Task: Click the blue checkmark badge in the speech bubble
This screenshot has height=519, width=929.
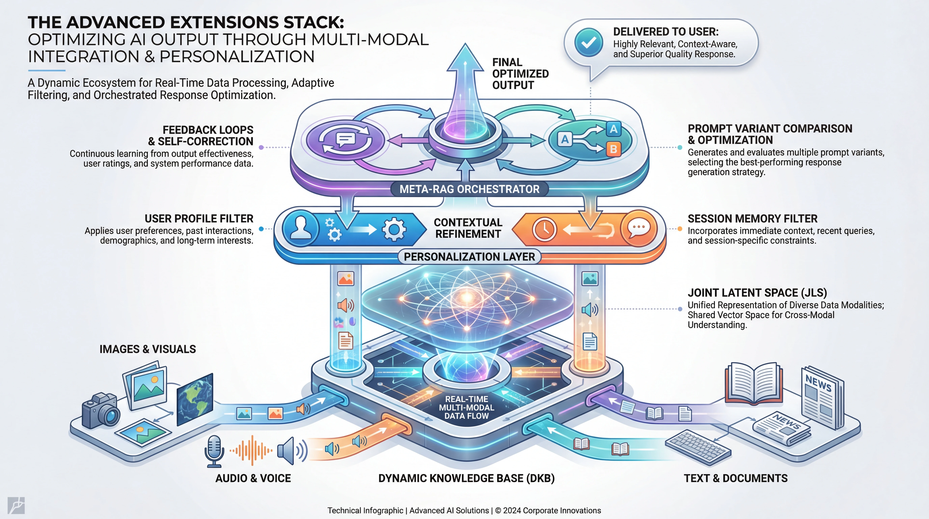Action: tap(589, 43)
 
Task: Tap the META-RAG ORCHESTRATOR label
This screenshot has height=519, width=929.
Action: tap(469, 189)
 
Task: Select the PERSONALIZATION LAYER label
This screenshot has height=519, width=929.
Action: tap(469, 257)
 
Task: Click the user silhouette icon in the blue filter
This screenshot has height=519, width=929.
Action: tap(300, 228)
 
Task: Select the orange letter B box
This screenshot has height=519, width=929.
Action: tap(613, 149)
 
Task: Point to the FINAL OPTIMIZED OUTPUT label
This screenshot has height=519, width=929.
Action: tap(520, 74)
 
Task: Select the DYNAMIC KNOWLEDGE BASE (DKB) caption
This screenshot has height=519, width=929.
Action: tap(466, 478)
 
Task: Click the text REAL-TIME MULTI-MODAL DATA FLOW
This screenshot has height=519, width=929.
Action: tap(466, 407)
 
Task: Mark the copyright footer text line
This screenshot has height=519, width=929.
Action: tap(464, 510)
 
